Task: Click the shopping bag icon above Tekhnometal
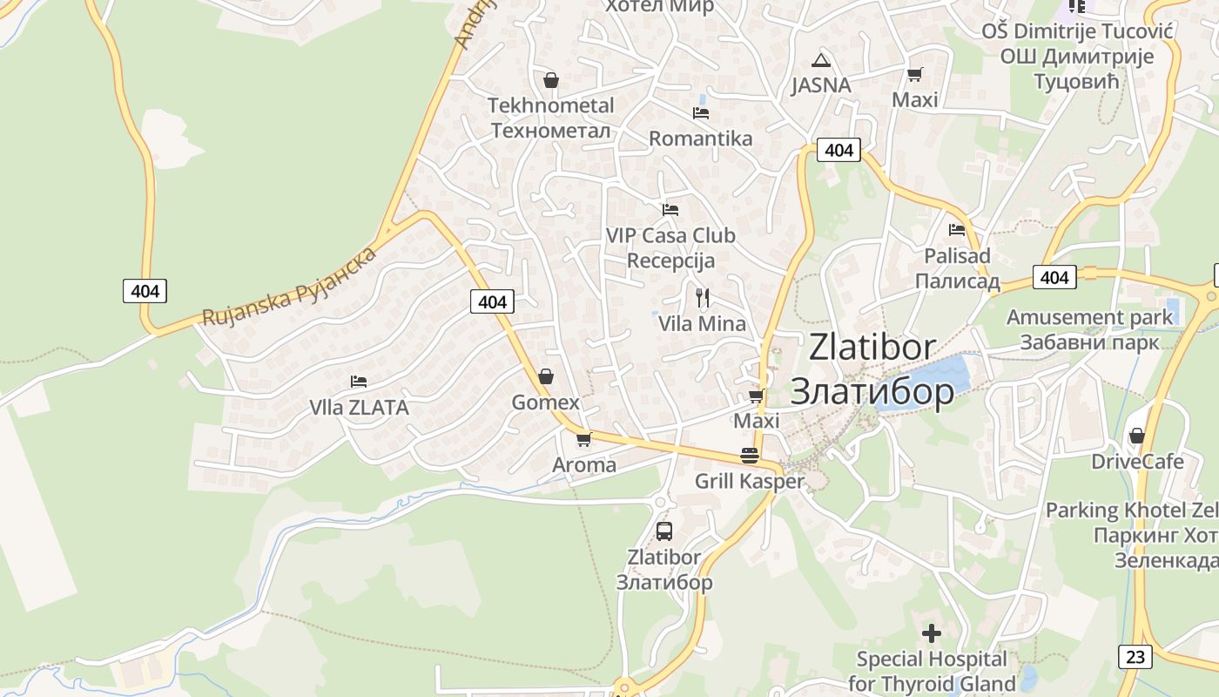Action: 550,81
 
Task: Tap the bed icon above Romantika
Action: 701,113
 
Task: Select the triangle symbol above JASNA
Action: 820,61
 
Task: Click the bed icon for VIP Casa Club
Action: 670,210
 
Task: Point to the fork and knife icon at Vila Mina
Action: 703,298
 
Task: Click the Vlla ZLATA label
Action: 359,408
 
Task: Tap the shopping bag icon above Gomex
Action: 546,376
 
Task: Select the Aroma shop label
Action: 584,465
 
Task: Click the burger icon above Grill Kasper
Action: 750,455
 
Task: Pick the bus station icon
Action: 664,531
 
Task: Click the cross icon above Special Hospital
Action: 932,633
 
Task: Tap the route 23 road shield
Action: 1135,656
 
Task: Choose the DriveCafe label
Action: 1137,461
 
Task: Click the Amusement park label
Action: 1090,317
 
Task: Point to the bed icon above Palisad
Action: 957,230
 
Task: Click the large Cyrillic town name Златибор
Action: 872,392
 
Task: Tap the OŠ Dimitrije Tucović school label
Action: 1077,31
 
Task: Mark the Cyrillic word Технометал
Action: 550,130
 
